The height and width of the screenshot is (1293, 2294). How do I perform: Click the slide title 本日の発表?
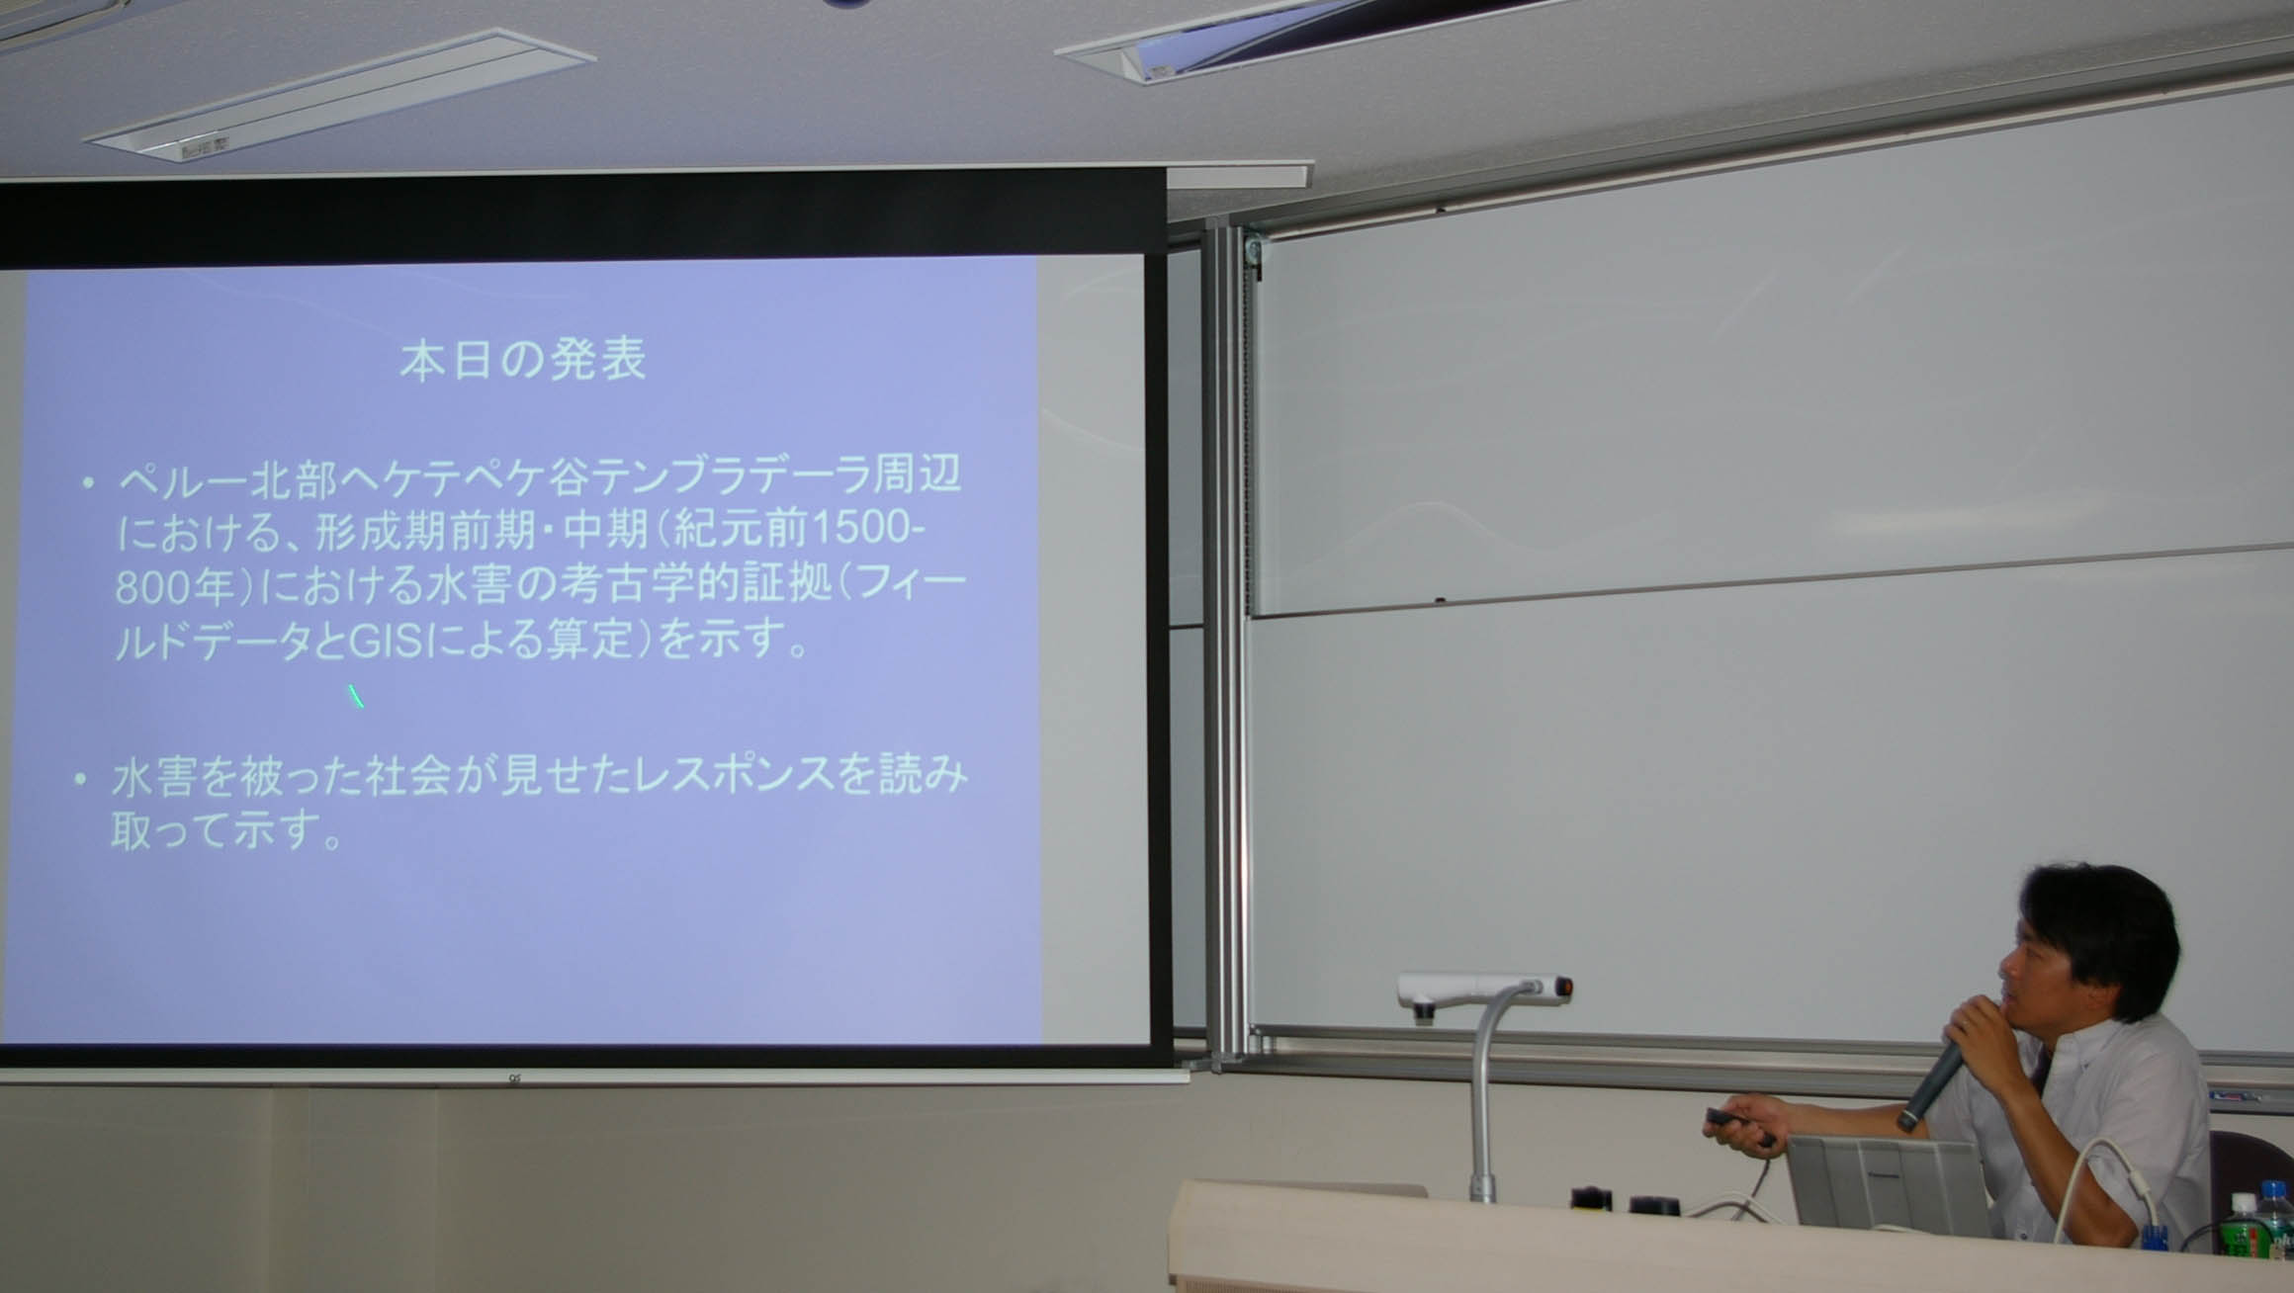coord(523,361)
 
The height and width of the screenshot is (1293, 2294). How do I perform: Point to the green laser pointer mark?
coord(356,696)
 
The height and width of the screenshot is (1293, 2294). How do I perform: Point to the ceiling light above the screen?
coord(341,94)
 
